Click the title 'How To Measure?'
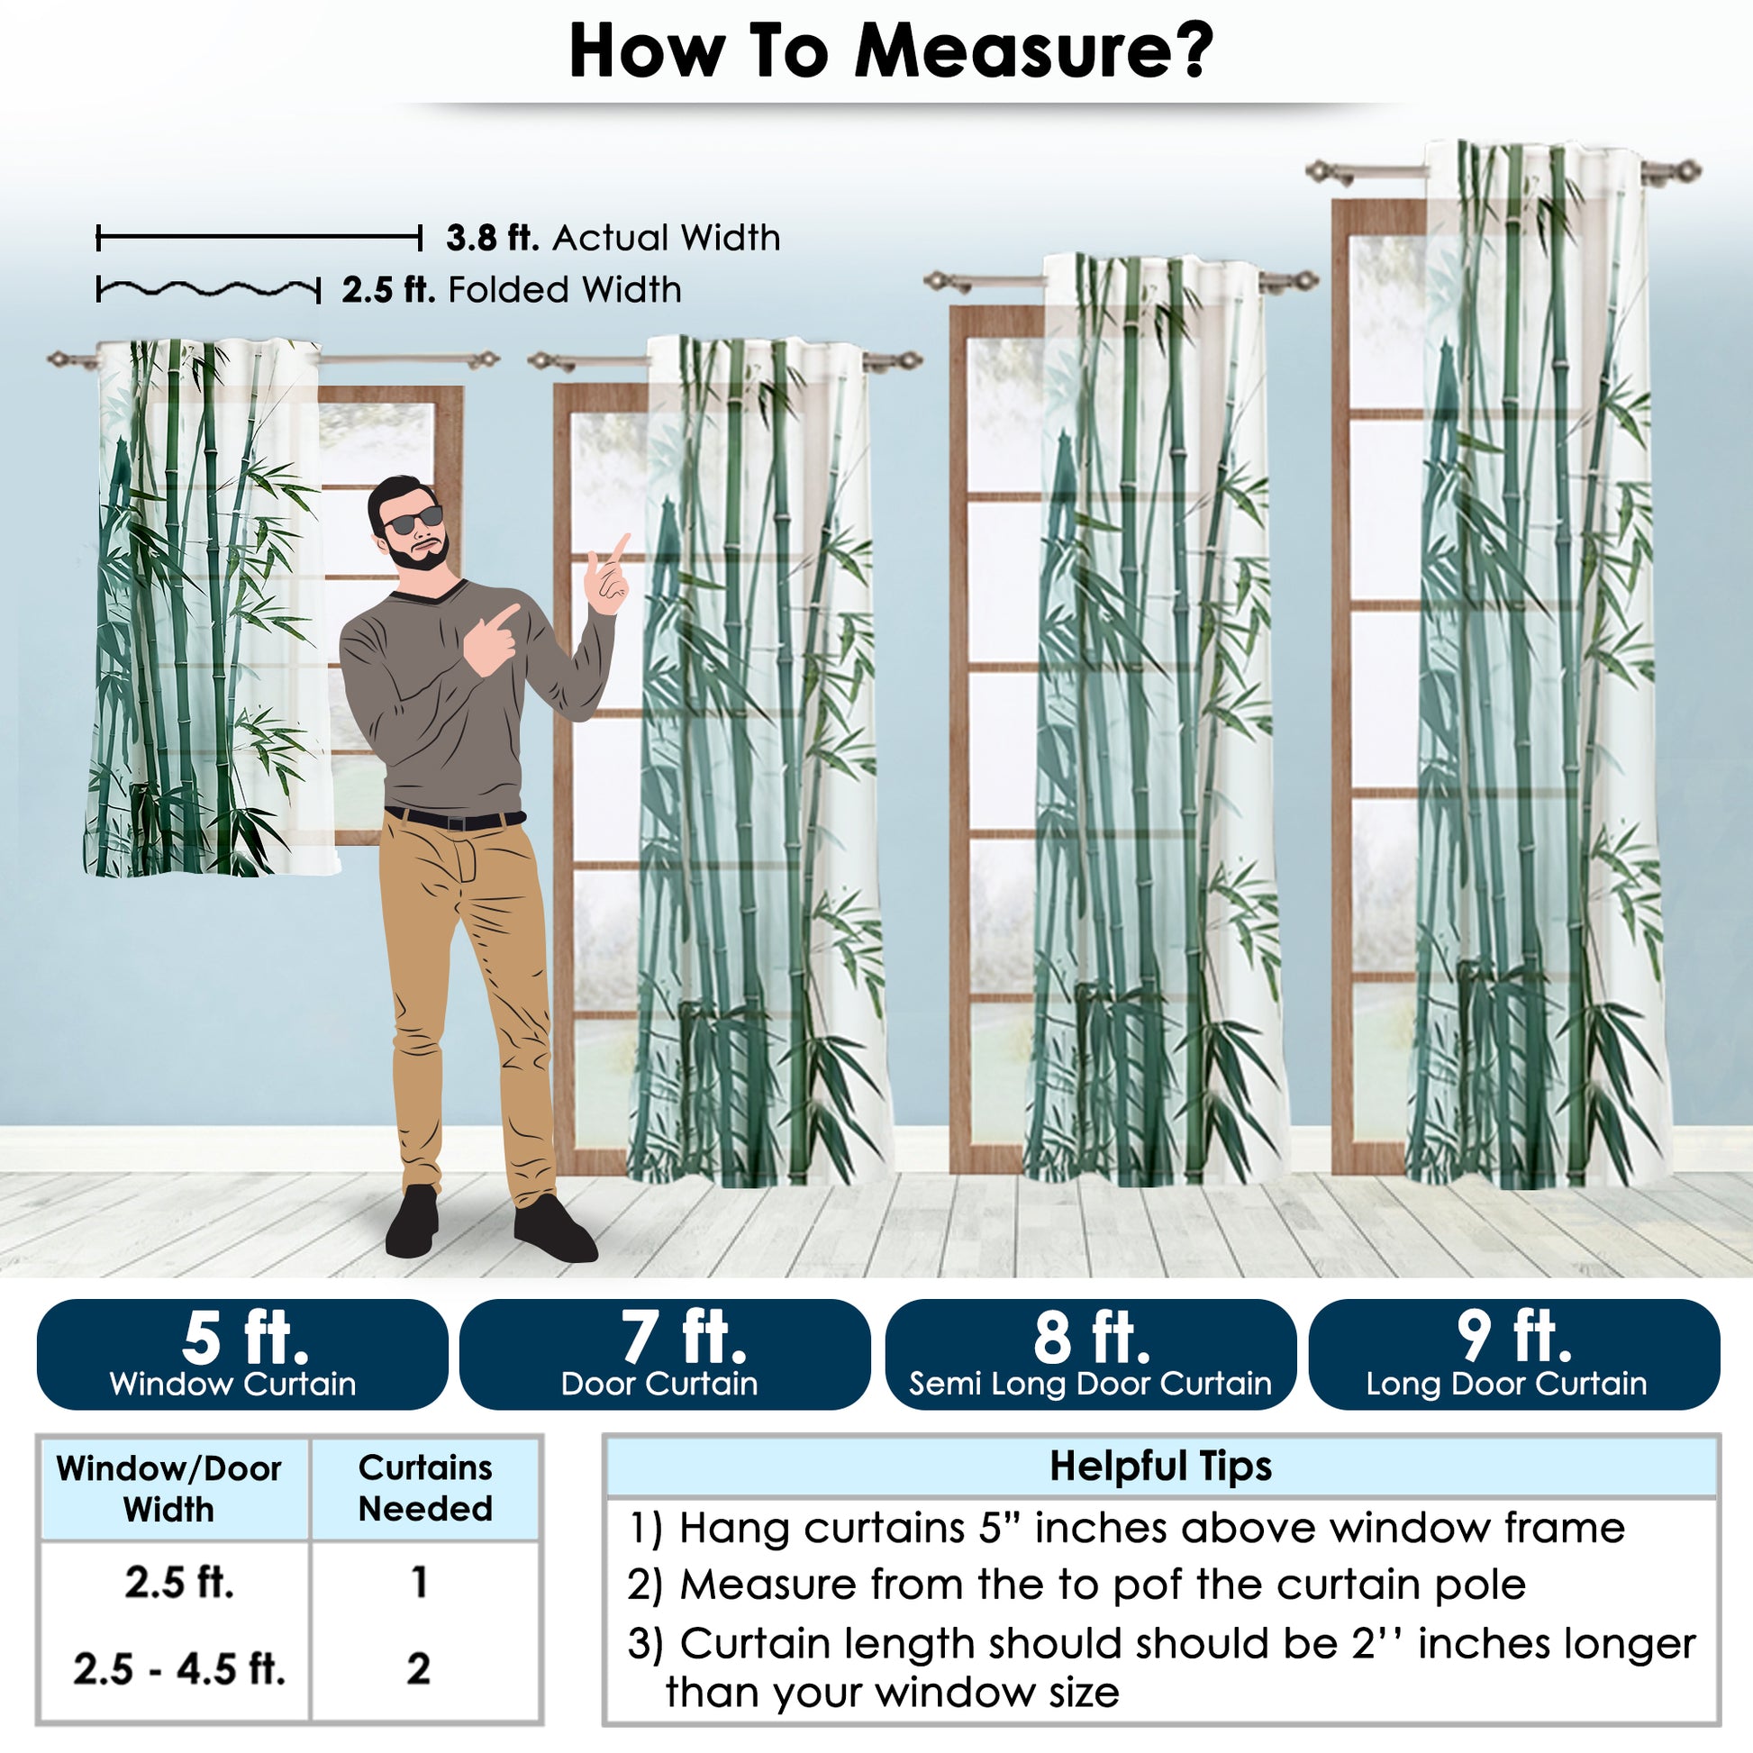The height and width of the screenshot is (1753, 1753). (x=890, y=51)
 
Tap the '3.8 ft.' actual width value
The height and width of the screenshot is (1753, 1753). (x=493, y=238)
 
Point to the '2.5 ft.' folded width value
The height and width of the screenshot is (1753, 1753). (x=388, y=289)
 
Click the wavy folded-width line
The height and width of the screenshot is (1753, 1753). (x=209, y=290)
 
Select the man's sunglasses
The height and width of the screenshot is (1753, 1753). (x=413, y=520)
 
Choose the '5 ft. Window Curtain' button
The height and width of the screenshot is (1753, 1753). (x=242, y=1355)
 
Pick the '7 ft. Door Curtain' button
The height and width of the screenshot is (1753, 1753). (x=665, y=1355)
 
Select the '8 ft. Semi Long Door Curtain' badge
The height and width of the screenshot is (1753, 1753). (x=1090, y=1355)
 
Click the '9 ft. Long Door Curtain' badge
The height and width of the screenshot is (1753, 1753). (x=1514, y=1355)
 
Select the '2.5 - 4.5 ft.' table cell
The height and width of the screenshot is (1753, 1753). (x=178, y=1668)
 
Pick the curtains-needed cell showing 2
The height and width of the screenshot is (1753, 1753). (x=418, y=1668)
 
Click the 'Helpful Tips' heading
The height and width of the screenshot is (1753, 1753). (x=1160, y=1466)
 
